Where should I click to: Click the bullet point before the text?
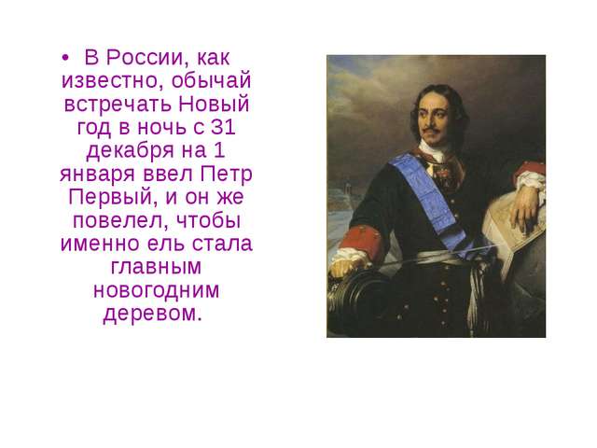[65, 58]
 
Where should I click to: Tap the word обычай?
[211, 81]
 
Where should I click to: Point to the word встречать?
[118, 104]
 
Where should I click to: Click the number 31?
[223, 127]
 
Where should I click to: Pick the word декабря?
[131, 151]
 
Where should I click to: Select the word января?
[97, 175]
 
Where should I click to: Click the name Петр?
[226, 174]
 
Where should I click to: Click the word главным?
[156, 267]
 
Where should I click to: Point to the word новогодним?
[156, 290]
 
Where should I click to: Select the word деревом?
[152, 314]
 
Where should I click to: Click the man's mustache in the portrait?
[431, 131]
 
